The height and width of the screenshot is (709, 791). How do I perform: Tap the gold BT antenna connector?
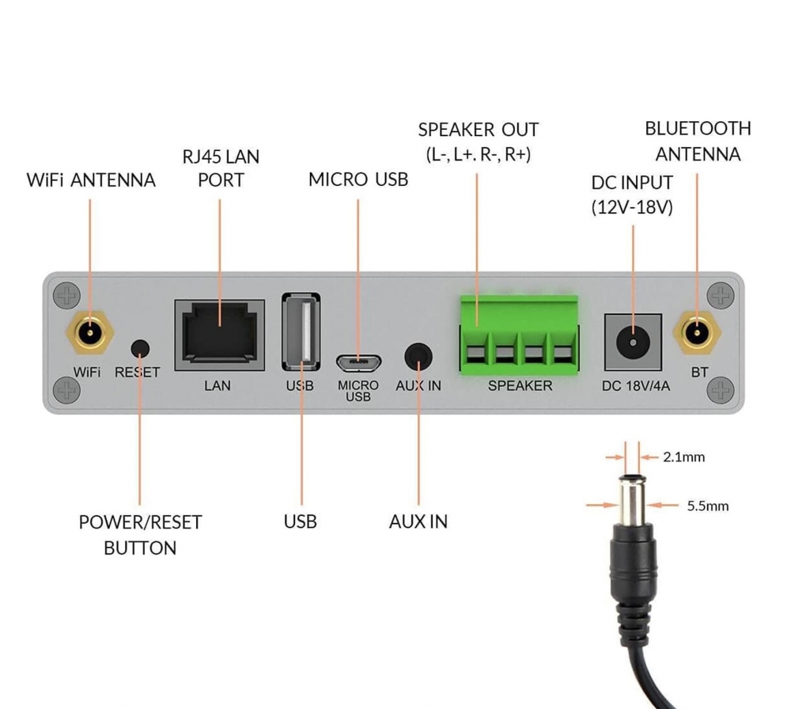tap(698, 333)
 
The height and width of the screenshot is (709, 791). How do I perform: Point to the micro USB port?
tap(358, 363)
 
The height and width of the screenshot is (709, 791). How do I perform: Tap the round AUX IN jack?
tap(419, 355)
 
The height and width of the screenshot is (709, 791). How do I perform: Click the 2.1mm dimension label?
tap(684, 457)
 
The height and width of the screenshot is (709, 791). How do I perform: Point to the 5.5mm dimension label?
tap(708, 506)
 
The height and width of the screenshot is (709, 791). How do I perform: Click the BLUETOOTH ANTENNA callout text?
tap(698, 141)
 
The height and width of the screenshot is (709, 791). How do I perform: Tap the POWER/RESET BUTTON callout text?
tap(140, 534)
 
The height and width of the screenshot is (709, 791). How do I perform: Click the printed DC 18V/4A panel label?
tap(633, 385)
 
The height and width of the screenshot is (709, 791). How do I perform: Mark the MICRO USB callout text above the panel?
tap(358, 180)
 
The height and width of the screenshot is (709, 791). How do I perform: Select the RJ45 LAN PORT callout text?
tap(221, 168)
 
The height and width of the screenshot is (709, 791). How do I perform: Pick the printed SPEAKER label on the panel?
tap(520, 385)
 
